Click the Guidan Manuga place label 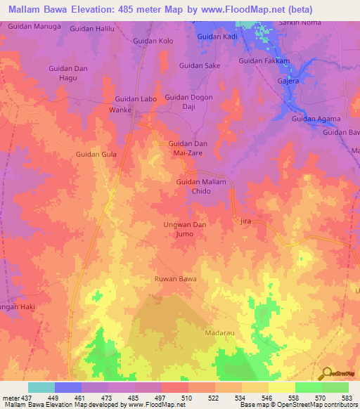pyautogui.click(x=35, y=25)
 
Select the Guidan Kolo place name pyautogui.click(x=153, y=41)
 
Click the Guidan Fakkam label pyautogui.click(x=264, y=61)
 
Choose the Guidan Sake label pyautogui.click(x=200, y=65)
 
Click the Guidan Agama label pyautogui.click(x=316, y=119)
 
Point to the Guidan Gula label pyautogui.click(x=96, y=154)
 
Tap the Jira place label pyautogui.click(x=246, y=221)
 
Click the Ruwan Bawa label pyautogui.click(x=176, y=280)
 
